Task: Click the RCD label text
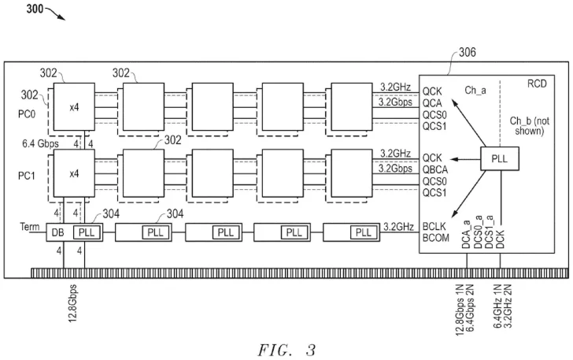point(540,82)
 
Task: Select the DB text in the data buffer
point(58,233)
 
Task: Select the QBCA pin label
point(437,167)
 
